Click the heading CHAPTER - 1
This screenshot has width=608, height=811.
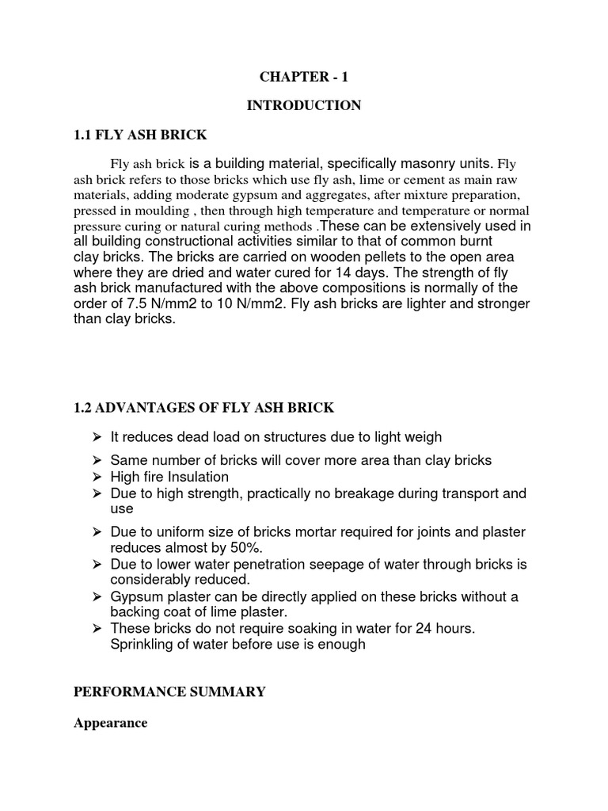pos(303,77)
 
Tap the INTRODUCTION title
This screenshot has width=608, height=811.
pos(303,105)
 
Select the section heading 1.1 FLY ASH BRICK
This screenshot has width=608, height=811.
pos(140,135)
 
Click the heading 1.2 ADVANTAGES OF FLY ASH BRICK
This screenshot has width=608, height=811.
pos(203,408)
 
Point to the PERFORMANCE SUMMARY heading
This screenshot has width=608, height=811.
pos(169,692)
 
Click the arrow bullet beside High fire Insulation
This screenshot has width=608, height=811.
pos(95,477)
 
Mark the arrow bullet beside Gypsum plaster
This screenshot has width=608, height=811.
pos(95,596)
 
